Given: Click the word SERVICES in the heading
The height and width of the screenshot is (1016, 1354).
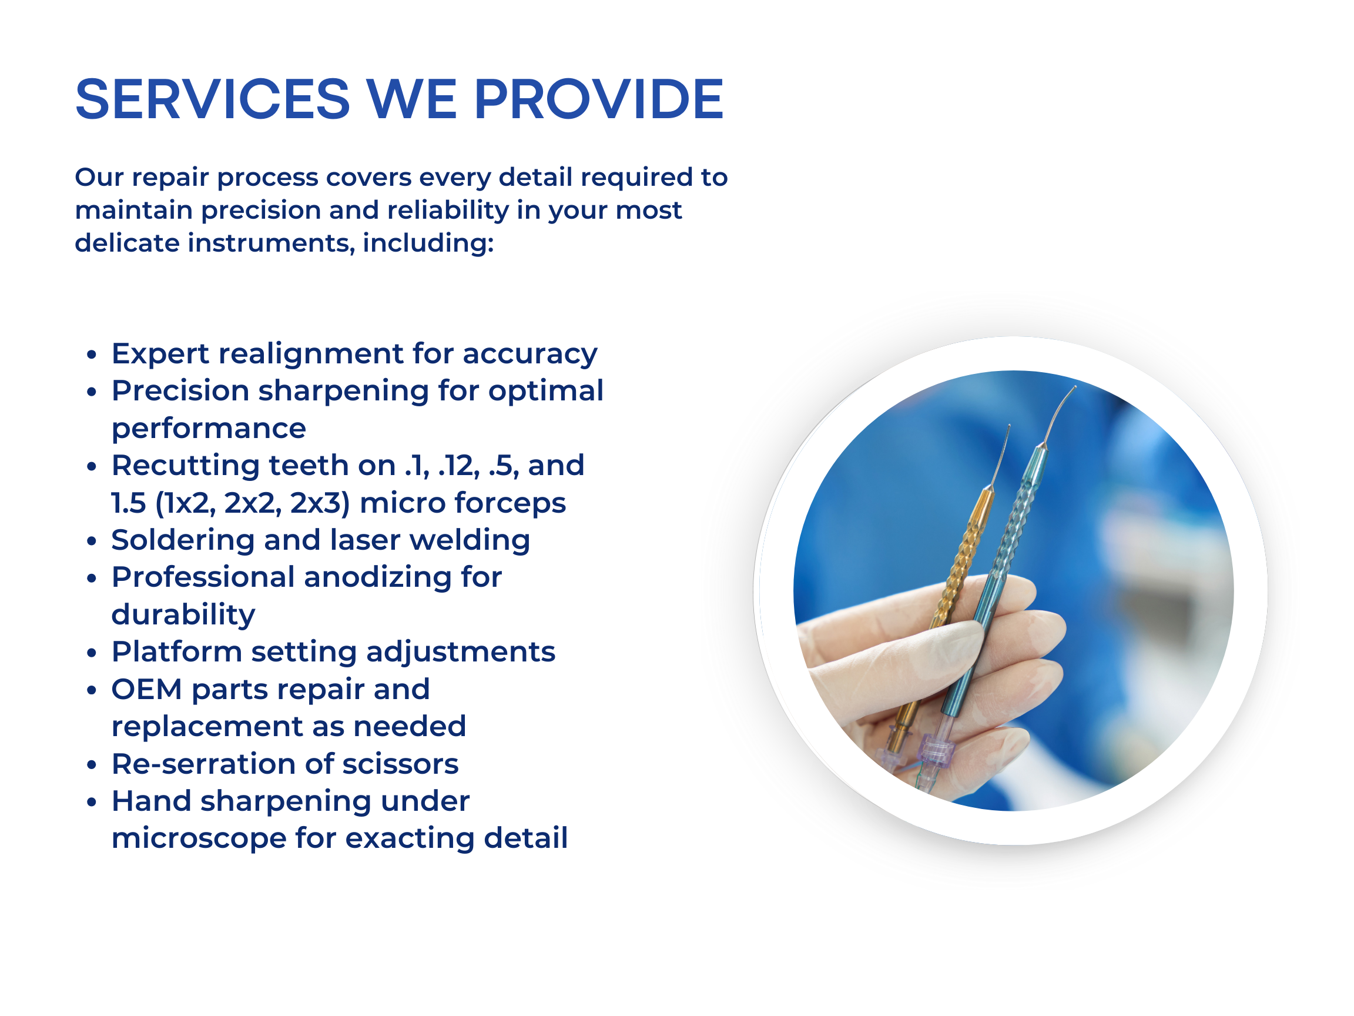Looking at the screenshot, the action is (212, 99).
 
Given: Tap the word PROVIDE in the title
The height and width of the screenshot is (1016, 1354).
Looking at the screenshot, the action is (599, 99).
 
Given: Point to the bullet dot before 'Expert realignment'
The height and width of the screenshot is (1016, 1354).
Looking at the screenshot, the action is (92, 354).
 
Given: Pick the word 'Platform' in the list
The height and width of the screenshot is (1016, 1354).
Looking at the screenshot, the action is (176, 651).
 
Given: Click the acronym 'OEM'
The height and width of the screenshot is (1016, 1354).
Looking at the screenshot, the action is (147, 690).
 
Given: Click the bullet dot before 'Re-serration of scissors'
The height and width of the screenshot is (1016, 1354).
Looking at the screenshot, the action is (92, 765).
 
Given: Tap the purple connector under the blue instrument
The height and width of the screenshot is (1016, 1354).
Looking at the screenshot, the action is (937, 751).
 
